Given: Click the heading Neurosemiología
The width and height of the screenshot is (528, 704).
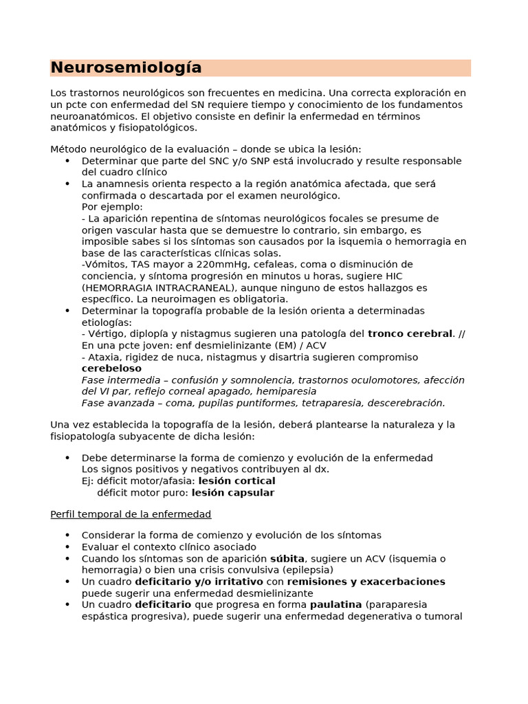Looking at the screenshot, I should tap(126, 67).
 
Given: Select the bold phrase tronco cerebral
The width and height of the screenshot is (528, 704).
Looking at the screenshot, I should tap(410, 333).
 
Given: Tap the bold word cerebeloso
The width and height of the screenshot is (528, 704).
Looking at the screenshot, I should tap(111, 368).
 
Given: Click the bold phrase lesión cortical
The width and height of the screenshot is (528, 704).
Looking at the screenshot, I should tap(236, 481).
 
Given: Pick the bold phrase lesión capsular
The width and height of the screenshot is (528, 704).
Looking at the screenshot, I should tap(232, 492).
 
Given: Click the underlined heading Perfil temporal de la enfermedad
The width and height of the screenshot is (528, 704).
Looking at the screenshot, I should tap(131, 514).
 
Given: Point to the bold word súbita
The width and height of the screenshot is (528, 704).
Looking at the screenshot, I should tap(287, 558).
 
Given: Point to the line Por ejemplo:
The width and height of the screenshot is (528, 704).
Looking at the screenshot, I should tap(112, 206).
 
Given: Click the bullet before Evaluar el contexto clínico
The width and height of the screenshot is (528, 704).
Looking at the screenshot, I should tap(67, 547).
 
